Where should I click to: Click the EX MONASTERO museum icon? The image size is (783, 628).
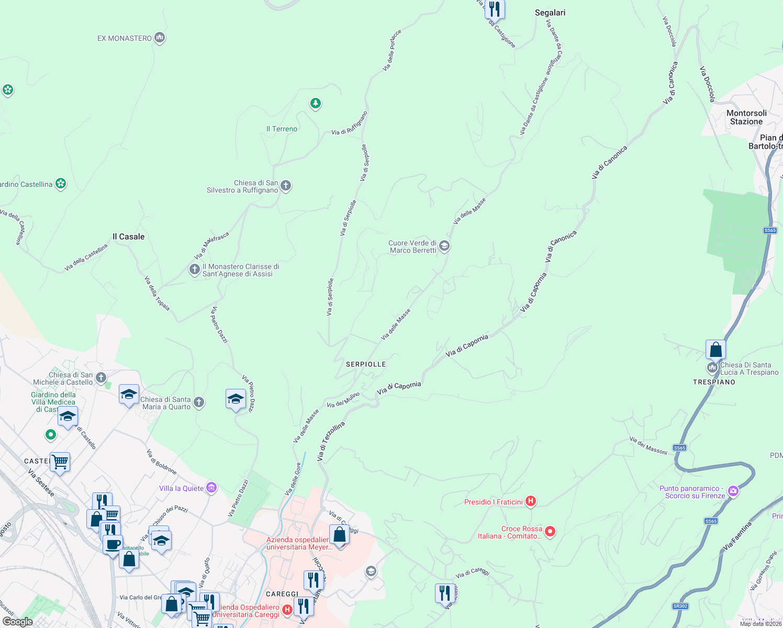pos(160,38)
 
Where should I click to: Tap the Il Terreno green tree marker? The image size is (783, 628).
pos(315,103)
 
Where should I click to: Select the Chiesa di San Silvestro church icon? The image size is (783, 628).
pos(286,185)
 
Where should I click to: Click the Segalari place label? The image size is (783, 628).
pos(550,13)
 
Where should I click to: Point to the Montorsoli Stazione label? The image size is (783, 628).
pos(746,117)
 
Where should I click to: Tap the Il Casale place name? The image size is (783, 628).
pos(128,237)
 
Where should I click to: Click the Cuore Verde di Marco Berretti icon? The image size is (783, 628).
pos(444,246)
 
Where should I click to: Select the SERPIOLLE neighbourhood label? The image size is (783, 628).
pos(366,364)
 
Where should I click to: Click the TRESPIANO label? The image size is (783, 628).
pos(714,382)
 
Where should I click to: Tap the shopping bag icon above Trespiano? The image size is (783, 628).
pos(715,350)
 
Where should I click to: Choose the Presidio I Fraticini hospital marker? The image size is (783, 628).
pos(531,501)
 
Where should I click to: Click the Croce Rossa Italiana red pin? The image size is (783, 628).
pos(550,532)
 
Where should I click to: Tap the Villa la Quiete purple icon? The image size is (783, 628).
pos(211,488)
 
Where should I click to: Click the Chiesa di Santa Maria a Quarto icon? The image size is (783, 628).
pos(198,402)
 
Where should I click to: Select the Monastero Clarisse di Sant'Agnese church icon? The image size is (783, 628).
pos(194,270)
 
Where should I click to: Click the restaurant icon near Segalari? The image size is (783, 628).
pos(494,9)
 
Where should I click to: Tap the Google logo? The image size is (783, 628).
pos(18,622)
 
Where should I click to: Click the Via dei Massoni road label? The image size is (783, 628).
pos(648,446)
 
